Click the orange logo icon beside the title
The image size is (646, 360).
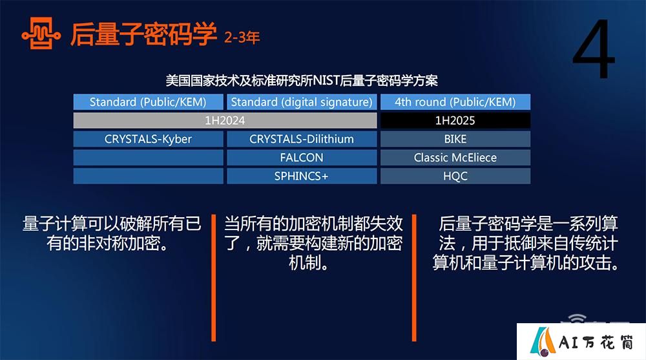click(x=41, y=34)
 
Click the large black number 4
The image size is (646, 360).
click(x=594, y=49)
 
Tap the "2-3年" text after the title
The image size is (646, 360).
click(x=242, y=38)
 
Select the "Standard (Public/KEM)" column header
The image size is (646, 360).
click(x=149, y=102)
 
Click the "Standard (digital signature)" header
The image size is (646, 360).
click(x=302, y=102)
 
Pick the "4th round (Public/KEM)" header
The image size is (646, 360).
click(x=455, y=102)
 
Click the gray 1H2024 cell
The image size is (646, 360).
click(x=225, y=120)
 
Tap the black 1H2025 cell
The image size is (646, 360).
click(x=455, y=120)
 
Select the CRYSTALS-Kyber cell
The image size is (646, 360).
click(x=149, y=139)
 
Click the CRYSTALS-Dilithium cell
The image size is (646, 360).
click(x=302, y=139)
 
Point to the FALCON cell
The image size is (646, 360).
click(x=302, y=158)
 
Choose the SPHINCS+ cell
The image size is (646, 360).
click(x=302, y=176)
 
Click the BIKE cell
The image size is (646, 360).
click(x=455, y=139)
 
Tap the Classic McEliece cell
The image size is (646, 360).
click(x=455, y=158)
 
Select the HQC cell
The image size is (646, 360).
click(x=455, y=176)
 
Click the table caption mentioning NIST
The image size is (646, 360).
click(x=302, y=80)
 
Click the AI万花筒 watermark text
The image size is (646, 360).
click(x=596, y=343)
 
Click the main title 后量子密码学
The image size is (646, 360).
click(x=143, y=34)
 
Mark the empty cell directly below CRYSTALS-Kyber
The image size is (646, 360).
click(x=149, y=158)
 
